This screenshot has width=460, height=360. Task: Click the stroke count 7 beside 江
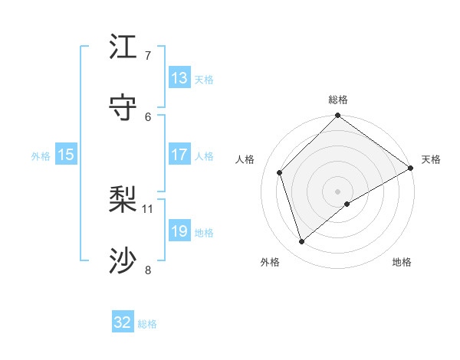[x=147, y=55]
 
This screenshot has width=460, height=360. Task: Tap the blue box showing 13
[x=179, y=78]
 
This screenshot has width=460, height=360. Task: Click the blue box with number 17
[x=179, y=155]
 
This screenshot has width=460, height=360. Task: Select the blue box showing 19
[x=179, y=231]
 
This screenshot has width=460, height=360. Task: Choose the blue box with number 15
[x=66, y=155]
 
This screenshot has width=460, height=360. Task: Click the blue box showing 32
[x=123, y=322]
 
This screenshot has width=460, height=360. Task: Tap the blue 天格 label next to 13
[x=203, y=80]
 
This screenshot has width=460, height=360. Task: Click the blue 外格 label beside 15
[x=41, y=156]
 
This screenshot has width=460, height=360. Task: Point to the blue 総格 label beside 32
[x=147, y=324]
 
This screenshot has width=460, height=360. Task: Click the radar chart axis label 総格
[x=338, y=100]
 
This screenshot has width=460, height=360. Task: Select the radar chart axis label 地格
[x=402, y=262]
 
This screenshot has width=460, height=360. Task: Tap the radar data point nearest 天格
[x=410, y=169]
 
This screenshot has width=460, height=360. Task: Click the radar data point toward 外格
[x=301, y=242]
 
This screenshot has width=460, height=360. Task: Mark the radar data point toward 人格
[x=280, y=172]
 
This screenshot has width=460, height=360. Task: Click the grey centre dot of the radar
[x=338, y=191]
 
